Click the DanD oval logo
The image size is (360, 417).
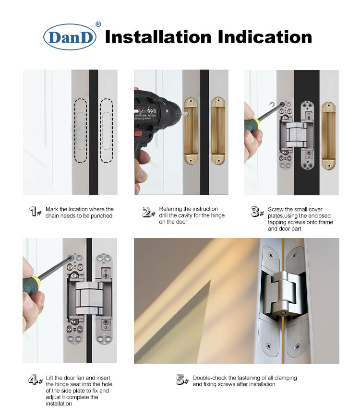pyautogui.click(x=70, y=37)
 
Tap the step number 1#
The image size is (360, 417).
pyautogui.click(x=35, y=212)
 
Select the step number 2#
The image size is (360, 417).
pyautogui.click(x=149, y=212)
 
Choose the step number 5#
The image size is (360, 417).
pyautogui.click(x=182, y=381)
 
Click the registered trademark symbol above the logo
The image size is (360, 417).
pyautogui.click(x=98, y=24)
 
